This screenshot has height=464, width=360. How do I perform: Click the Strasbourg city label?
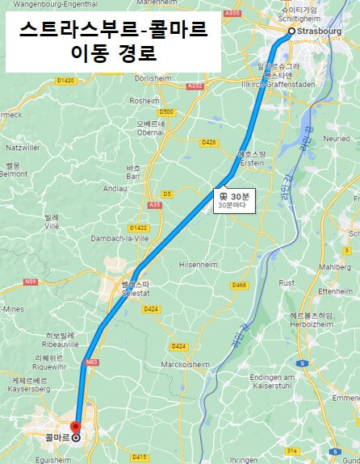pos(319,32)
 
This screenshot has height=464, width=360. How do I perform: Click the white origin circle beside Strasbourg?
pos(291,31)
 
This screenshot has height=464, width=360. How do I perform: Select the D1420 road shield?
pos(65,81)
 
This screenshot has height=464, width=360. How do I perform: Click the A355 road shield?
pos(233,12)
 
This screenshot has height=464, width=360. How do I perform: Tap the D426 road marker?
pos(209,142)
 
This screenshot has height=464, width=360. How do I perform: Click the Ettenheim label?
pos(335,291)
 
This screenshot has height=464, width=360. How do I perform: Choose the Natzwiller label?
pos(23,148)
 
